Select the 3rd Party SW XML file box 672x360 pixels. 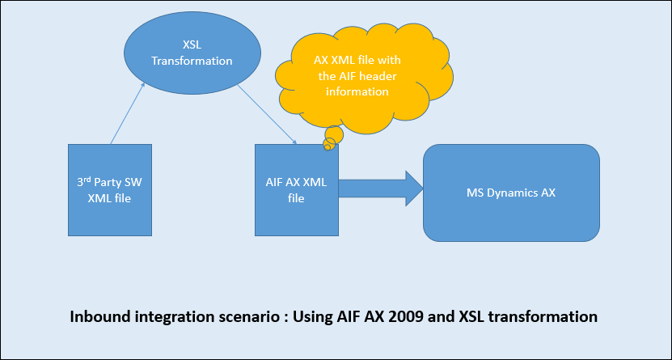(108, 190)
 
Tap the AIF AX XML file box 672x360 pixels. (296, 190)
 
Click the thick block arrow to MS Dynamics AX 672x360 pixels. (380, 188)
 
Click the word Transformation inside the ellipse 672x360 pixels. (192, 61)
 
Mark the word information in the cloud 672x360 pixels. (357, 91)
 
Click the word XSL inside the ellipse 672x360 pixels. (192, 45)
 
